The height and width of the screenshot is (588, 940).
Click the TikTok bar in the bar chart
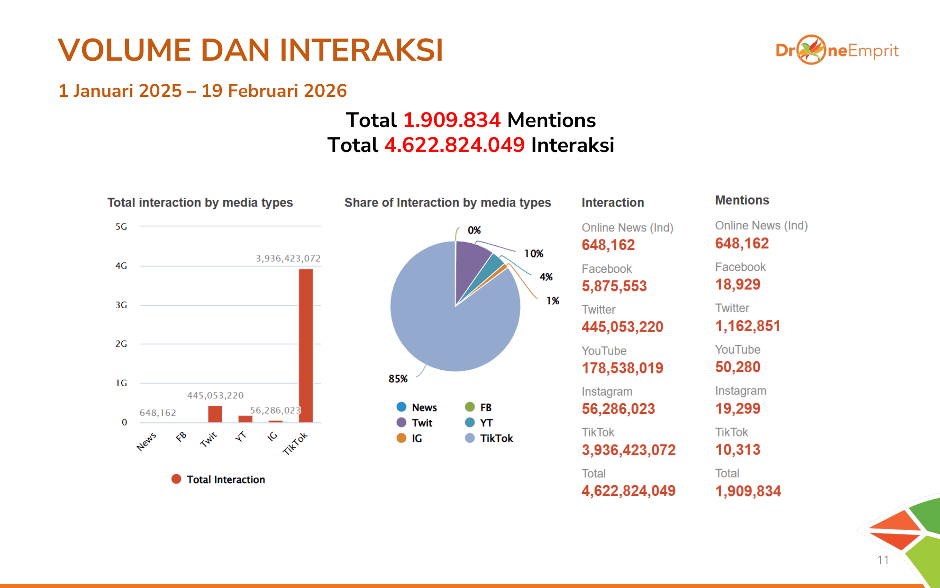tap(305, 346)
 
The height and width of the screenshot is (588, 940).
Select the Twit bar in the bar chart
tap(215, 414)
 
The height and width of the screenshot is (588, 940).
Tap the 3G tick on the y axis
tap(121, 305)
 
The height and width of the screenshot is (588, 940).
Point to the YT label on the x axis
tap(241, 437)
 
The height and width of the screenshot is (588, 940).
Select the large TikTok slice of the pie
tap(446, 325)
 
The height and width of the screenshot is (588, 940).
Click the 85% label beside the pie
tap(398, 379)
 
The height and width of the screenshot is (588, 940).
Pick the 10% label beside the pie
tap(533, 254)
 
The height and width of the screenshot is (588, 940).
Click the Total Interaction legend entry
tap(219, 479)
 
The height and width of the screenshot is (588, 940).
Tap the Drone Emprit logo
tap(837, 50)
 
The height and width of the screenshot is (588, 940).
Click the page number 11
tap(883, 560)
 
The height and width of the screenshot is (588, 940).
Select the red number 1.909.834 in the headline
tap(452, 120)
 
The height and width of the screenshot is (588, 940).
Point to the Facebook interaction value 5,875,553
tap(614, 286)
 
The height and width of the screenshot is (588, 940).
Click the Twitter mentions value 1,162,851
tap(747, 326)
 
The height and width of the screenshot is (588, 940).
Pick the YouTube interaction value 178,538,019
tap(622, 368)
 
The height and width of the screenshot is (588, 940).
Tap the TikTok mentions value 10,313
tap(737, 450)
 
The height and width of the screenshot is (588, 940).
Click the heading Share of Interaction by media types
tap(447, 203)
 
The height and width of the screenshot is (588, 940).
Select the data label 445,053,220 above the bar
tap(215, 395)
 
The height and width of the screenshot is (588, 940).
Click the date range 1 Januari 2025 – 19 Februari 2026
tap(203, 91)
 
